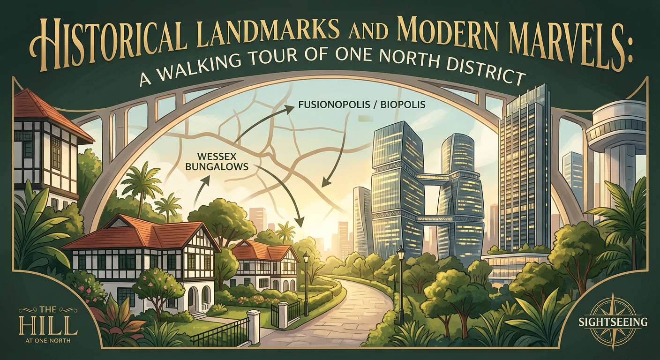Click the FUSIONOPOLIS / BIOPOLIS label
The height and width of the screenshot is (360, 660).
point(362,105)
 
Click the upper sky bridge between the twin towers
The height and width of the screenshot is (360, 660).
point(431,177)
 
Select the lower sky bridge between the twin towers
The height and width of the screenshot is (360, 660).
point(431,218)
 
